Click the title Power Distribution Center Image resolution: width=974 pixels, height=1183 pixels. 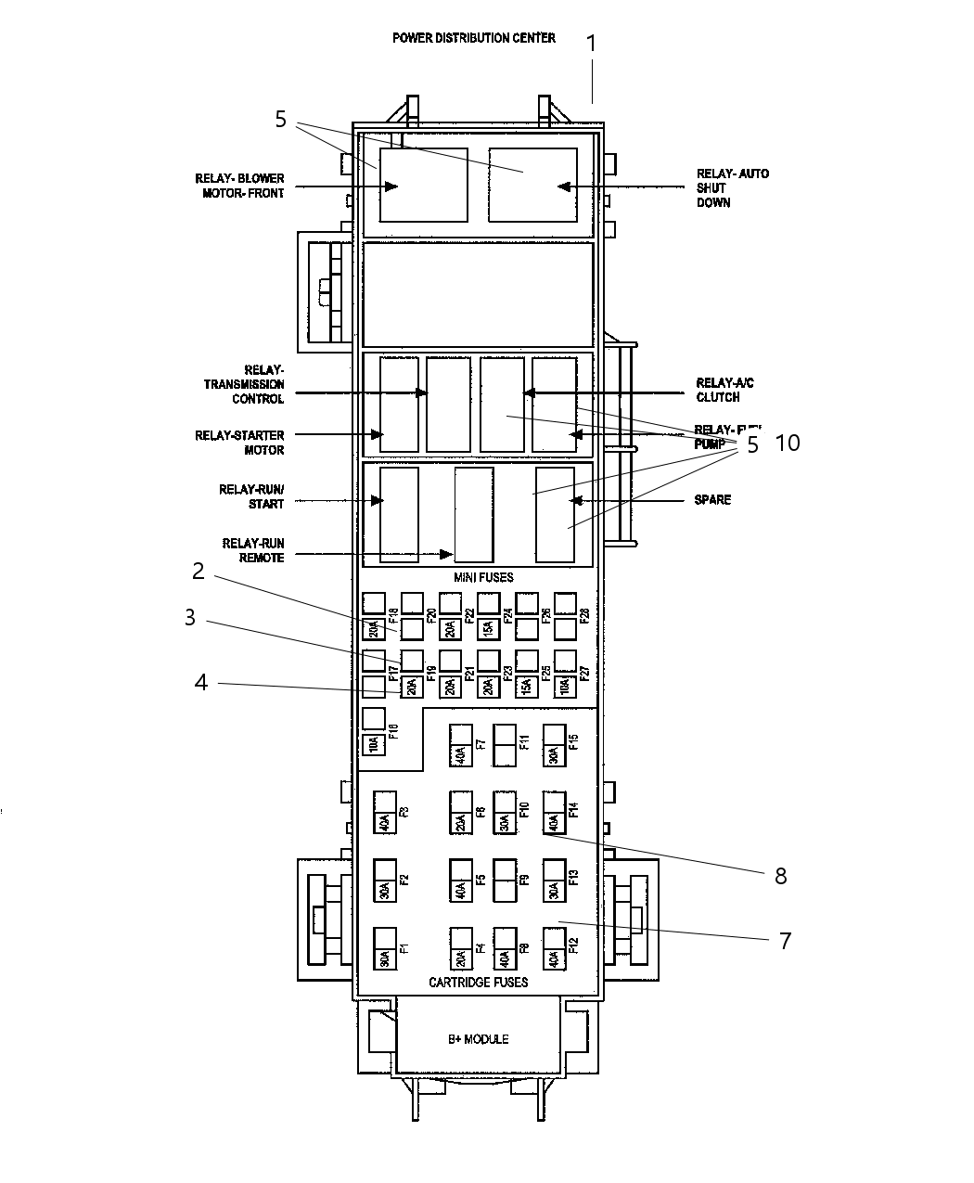pos(473,38)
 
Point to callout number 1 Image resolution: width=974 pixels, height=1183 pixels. pos(591,44)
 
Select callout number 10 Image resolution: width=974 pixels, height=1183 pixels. pos(787,444)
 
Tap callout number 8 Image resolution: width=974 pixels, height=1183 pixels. pos(780,876)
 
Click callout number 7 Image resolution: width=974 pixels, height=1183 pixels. pos(785,941)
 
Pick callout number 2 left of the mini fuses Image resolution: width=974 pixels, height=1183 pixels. pos(198,572)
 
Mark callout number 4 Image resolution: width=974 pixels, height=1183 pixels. pos(200,683)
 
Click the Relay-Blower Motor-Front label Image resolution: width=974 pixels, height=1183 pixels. pos(239,186)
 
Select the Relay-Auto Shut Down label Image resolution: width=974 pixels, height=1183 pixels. pos(732,187)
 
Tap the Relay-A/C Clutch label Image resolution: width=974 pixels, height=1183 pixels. pos(718,390)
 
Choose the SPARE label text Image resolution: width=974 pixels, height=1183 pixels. pos(712,500)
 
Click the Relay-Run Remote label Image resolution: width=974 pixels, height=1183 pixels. pos(252,550)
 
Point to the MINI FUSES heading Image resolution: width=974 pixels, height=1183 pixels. pos(482,577)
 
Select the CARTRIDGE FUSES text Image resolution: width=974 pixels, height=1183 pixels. pos(478,982)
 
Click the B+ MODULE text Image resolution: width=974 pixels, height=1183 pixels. pos(478,1039)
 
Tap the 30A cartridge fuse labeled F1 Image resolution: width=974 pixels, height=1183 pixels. pos(384,949)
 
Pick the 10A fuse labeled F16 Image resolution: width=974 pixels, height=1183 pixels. pos(372,743)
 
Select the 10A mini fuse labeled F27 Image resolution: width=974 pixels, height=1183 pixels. pos(563,687)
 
